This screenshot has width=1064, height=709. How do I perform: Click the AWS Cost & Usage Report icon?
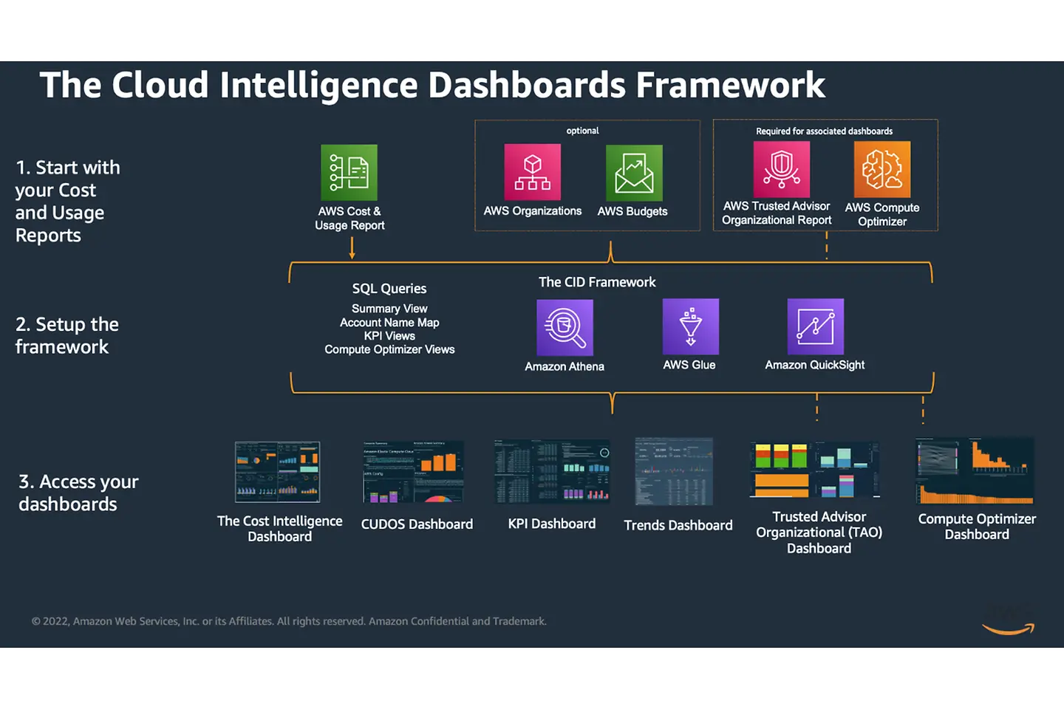[x=349, y=172]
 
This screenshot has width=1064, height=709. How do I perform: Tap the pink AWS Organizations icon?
[x=532, y=172]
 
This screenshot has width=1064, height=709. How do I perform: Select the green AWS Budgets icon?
[x=634, y=173]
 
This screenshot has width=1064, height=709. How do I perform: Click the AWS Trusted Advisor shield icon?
[x=781, y=169]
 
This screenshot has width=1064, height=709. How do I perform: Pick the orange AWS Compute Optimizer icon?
[x=882, y=169]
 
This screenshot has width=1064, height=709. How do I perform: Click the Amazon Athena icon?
[x=565, y=327]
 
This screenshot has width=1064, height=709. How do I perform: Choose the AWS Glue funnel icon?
[x=690, y=326]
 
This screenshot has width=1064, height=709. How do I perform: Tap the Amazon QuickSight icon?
[x=815, y=326]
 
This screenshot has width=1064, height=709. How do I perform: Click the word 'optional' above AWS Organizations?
[x=582, y=131]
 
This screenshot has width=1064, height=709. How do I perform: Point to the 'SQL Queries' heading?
[x=389, y=289]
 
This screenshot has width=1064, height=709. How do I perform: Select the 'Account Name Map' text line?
[x=389, y=323]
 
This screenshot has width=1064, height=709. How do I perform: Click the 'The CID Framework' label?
[x=597, y=282]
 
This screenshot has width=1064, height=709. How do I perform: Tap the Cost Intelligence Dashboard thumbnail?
[x=277, y=472]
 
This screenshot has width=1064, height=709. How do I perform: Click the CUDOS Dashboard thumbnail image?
[x=413, y=472]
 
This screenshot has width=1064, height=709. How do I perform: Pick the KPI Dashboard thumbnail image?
[x=552, y=471]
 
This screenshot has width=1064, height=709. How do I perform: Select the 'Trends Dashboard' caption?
[x=678, y=525]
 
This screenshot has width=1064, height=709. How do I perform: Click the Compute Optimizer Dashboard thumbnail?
[x=975, y=470]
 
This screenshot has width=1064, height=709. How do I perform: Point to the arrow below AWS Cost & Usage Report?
[x=352, y=248]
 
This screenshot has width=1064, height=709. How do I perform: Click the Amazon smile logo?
[x=1009, y=628]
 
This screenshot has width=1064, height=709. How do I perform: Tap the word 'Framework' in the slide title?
[x=730, y=85]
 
